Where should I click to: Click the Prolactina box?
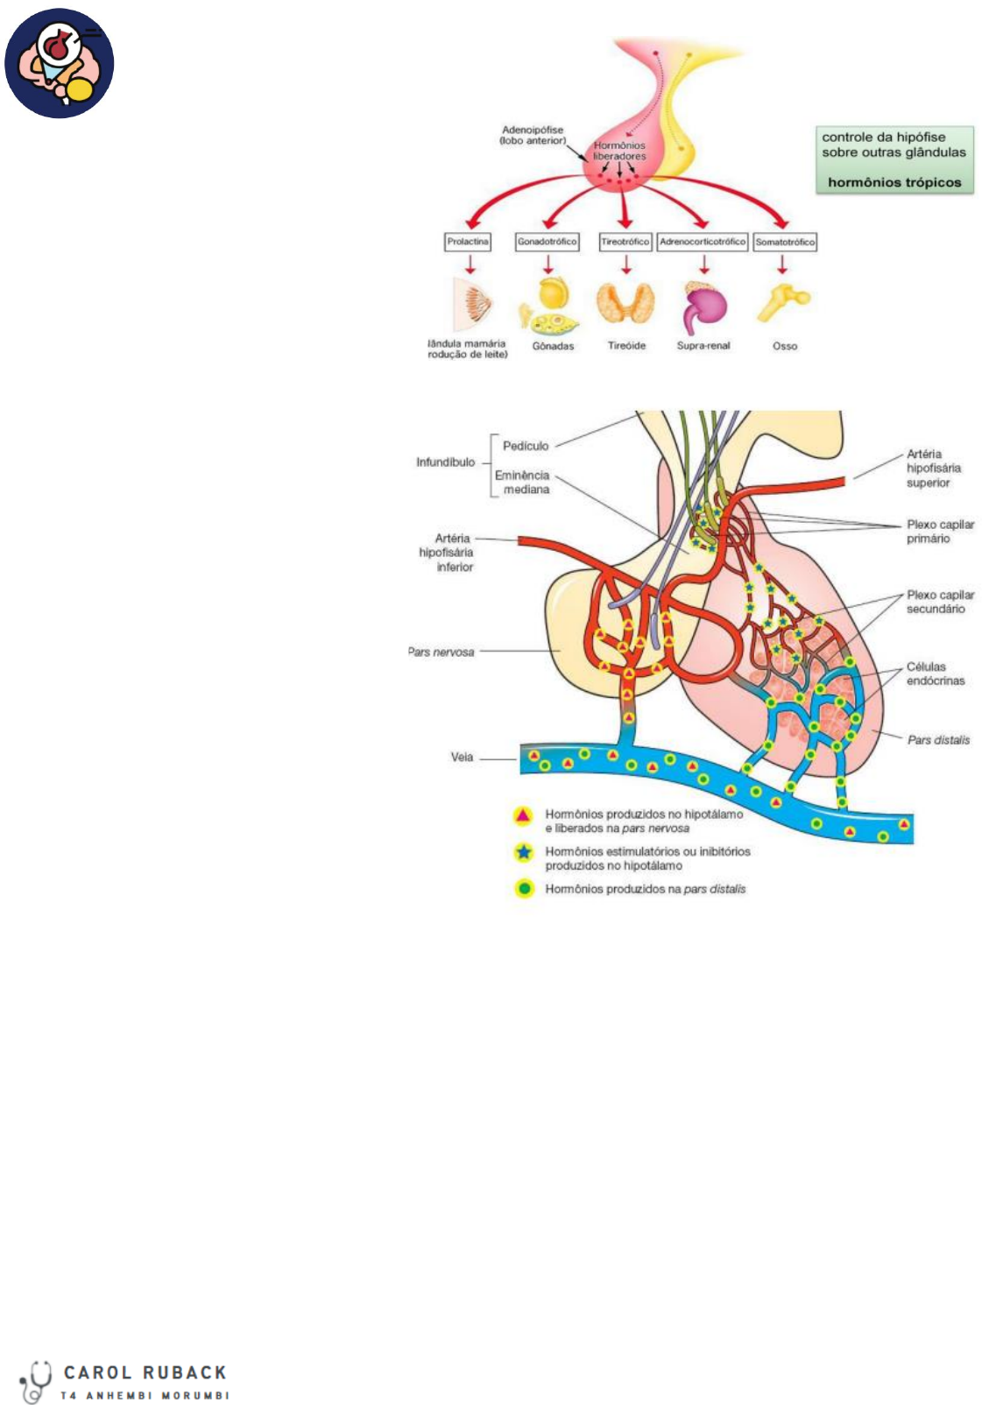[468, 242]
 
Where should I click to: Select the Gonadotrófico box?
[548, 242]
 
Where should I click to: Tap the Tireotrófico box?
[625, 242]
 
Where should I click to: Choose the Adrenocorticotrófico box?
[703, 242]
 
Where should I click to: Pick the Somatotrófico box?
[785, 242]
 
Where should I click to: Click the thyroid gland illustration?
[625, 304]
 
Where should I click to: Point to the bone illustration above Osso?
[783, 304]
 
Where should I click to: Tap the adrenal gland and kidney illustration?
[704, 307]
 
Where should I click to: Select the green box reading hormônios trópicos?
[894, 159]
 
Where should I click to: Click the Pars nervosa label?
[442, 652]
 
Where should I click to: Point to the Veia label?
[462, 757]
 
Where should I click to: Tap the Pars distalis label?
[938, 740]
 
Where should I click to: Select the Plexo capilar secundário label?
[940, 602]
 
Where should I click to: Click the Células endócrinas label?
[935, 673]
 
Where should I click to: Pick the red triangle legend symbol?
[523, 816]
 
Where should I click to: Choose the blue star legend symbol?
[524, 852]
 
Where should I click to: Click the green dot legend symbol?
[524, 889]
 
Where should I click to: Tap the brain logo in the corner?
[60, 63]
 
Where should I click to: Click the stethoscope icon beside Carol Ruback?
[36, 1381]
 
